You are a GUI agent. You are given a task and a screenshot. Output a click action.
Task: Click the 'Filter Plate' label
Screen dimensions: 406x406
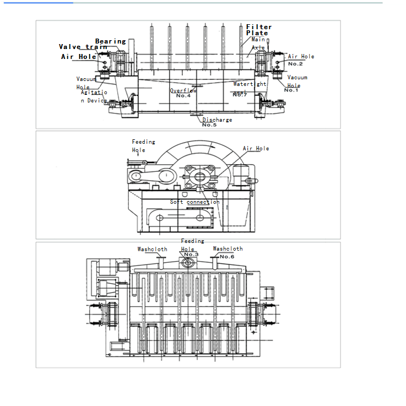click(x=258, y=30)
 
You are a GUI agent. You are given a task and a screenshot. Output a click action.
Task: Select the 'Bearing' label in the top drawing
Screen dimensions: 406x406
click(x=110, y=41)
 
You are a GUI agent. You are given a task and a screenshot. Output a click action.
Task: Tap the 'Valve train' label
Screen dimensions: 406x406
click(x=83, y=47)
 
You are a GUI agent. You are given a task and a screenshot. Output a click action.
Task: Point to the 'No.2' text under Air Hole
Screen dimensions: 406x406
click(x=295, y=64)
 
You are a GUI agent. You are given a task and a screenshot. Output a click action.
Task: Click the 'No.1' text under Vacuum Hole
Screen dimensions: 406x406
click(x=291, y=90)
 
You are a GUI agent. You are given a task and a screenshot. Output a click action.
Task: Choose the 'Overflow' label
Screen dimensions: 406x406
click(x=183, y=90)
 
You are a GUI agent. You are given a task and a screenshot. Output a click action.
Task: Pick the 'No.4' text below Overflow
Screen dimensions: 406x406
click(x=183, y=96)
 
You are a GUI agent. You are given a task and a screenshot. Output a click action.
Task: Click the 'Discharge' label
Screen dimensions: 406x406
click(x=217, y=120)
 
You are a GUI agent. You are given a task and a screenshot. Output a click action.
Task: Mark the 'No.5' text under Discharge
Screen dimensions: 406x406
click(x=209, y=125)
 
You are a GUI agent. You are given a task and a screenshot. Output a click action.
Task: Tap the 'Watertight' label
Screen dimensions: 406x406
click(x=250, y=84)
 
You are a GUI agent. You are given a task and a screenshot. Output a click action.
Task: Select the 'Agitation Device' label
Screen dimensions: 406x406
click(x=94, y=96)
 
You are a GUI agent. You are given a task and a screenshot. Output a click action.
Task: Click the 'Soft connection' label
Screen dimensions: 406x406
click(x=194, y=202)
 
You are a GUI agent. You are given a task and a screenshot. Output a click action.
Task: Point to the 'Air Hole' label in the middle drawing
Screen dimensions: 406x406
click(x=256, y=149)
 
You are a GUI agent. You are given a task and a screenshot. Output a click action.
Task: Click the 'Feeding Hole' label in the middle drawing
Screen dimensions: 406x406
click(x=143, y=146)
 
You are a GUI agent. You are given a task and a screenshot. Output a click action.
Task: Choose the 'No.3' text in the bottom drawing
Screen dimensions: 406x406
click(x=191, y=255)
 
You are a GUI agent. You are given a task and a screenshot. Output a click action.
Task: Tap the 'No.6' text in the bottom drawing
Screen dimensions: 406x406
click(x=227, y=257)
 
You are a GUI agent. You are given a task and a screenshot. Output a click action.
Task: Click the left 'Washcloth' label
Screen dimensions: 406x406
click(x=152, y=250)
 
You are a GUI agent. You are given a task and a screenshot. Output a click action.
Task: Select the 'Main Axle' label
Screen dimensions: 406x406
click(x=258, y=44)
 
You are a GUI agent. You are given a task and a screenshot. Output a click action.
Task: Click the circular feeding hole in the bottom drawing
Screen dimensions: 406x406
click(x=188, y=264)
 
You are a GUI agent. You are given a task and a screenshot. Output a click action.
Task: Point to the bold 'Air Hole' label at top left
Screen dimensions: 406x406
click(x=78, y=57)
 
